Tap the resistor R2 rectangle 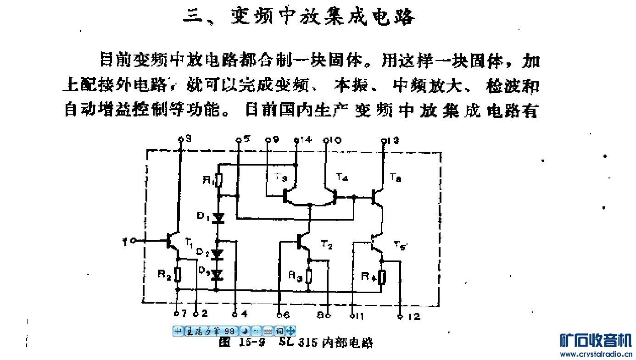tap(178, 275)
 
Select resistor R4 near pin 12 tap(382, 277)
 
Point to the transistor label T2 tap(326, 245)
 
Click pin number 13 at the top tap(393, 140)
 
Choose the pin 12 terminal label tap(413, 316)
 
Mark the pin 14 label tap(306, 139)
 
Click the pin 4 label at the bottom tap(243, 314)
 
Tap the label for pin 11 tap(359, 316)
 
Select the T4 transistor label tap(341, 177)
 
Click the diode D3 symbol tap(218, 274)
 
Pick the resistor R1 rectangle tap(219, 180)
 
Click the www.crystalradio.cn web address tap(596, 354)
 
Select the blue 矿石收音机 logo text tap(596, 340)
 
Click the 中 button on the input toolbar tap(178, 331)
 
